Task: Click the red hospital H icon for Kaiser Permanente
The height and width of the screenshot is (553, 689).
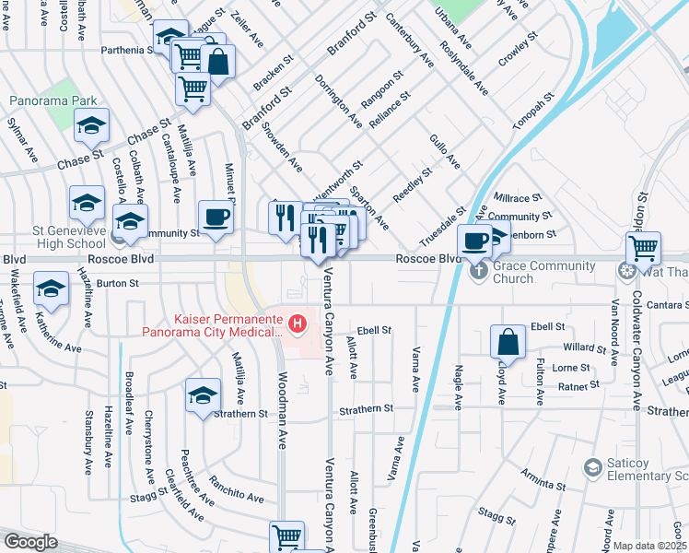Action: [x=297, y=323]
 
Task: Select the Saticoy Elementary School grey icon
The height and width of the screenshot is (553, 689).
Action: [x=592, y=469]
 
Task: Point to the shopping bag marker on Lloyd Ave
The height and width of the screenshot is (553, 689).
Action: [x=508, y=342]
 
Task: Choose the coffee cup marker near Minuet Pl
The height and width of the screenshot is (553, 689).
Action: [x=216, y=218]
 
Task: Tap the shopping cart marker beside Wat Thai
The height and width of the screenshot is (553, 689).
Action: [x=643, y=247]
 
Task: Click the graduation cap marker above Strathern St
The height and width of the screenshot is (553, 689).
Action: [x=203, y=395]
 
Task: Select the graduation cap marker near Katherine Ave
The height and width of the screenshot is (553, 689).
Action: [x=51, y=288]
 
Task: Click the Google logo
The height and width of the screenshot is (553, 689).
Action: [x=31, y=541]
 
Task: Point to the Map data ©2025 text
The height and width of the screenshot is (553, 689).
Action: [x=649, y=546]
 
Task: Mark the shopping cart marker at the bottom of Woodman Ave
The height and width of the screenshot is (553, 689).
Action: [x=286, y=536]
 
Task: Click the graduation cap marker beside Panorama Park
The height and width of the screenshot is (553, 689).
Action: [x=91, y=125]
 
